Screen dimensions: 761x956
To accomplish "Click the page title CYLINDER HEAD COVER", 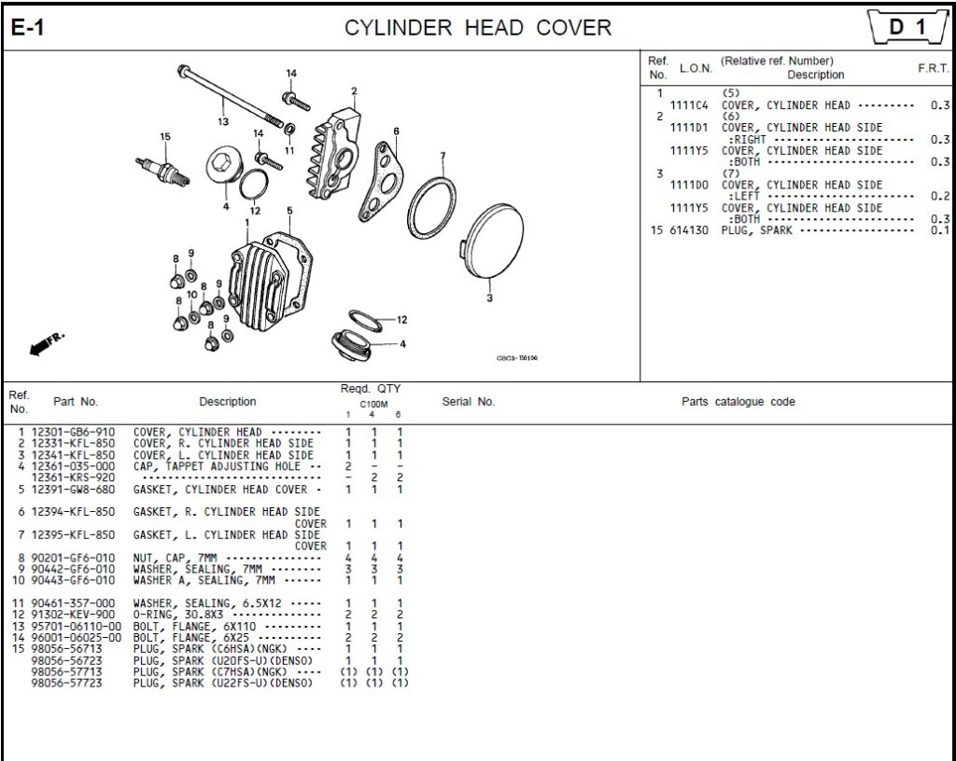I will point(478,28).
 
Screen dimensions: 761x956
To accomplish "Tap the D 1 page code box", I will point(905,28).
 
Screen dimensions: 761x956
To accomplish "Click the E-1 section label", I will point(27,28).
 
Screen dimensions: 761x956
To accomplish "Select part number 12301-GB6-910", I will point(74,433).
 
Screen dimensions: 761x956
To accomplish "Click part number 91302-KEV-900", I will point(74,615).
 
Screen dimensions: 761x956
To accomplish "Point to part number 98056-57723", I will point(67,684).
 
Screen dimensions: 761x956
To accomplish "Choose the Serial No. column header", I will point(468,402).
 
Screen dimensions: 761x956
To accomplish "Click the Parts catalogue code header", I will point(738,402).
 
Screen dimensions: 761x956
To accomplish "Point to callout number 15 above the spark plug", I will point(165,137).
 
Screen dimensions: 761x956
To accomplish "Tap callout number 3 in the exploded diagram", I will point(489,298).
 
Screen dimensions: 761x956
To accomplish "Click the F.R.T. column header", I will point(934,68).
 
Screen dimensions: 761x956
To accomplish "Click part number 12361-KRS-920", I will point(74,477).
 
